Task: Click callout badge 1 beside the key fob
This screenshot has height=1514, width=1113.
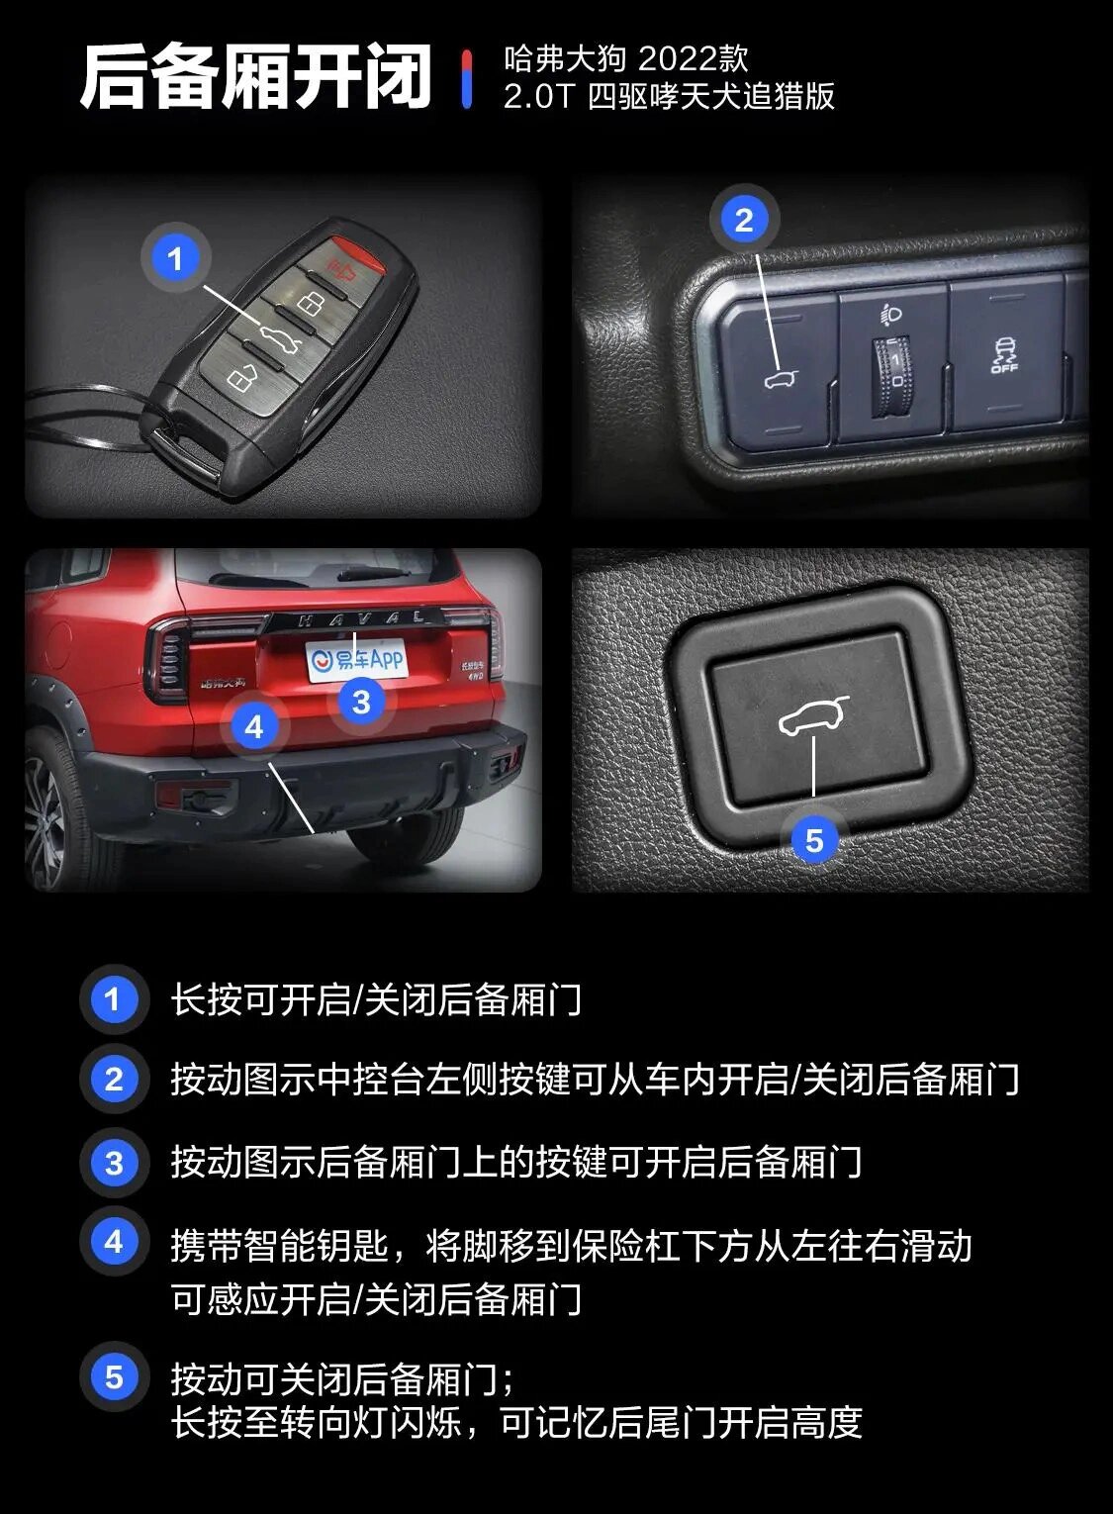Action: [176, 259]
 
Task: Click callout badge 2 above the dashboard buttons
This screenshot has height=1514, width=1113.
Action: [744, 220]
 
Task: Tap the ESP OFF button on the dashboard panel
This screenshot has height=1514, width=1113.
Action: [1004, 355]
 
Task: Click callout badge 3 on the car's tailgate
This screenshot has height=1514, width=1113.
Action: [361, 702]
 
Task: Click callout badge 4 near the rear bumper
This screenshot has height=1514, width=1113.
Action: [254, 727]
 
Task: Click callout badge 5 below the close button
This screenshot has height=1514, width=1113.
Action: [813, 841]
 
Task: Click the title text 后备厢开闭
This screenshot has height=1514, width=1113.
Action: [256, 77]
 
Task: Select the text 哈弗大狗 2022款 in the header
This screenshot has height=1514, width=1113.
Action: [625, 60]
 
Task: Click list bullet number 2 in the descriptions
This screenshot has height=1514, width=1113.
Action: [114, 1079]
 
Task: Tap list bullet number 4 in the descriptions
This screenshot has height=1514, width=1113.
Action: [114, 1242]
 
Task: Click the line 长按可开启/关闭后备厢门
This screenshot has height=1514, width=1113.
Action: [376, 999]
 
